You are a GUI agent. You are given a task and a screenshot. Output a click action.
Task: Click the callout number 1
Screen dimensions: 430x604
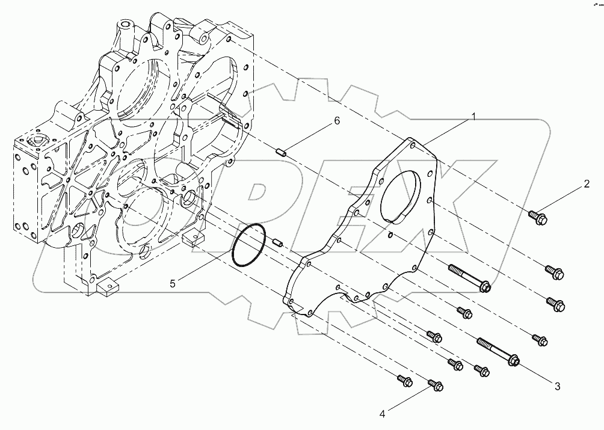point(473,117)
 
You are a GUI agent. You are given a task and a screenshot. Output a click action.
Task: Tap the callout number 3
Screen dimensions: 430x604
point(557,385)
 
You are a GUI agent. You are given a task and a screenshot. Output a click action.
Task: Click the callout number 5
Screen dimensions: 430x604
point(172,283)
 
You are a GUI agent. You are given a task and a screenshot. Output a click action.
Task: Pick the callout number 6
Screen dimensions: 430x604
point(337,121)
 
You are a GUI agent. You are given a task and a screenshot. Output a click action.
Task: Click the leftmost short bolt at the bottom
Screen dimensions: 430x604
point(405,380)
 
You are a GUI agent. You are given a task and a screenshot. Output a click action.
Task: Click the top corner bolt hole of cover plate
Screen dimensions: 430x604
point(411,143)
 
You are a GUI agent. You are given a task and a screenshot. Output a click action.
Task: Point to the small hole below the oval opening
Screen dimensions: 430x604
point(390,235)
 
